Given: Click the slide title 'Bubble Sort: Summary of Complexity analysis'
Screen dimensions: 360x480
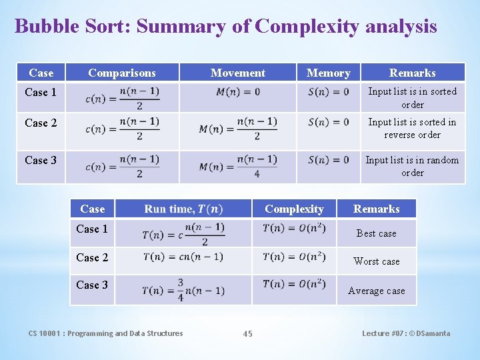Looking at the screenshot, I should click(225, 26).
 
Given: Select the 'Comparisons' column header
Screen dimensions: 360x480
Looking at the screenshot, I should click(122, 73).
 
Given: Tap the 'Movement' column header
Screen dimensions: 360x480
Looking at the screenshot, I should click(237, 73).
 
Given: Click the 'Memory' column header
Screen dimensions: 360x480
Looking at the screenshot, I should click(328, 73).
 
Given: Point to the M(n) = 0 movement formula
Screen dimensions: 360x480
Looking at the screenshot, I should click(238, 92).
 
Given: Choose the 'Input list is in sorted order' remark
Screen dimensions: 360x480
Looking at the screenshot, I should click(413, 97).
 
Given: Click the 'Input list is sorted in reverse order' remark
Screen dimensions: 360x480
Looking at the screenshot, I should click(413, 128).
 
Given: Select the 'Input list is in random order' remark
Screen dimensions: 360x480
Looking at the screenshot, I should click(413, 166).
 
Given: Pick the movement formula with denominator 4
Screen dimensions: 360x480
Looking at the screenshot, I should click(238, 166).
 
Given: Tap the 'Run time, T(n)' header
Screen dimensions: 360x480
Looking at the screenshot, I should click(183, 209).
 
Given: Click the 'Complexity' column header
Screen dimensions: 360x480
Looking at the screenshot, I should click(294, 209).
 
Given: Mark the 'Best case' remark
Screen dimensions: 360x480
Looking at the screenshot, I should click(376, 233).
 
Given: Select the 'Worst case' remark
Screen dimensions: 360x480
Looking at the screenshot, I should click(376, 261).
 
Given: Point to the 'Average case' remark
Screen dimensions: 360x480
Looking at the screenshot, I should click(376, 291).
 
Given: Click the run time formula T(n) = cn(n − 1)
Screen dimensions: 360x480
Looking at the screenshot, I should click(183, 257).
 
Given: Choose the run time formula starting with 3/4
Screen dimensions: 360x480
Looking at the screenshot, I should click(183, 290).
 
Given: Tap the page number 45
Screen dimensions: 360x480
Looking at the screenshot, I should click(248, 334).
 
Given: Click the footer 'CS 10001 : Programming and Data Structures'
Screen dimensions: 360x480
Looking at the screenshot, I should click(105, 333).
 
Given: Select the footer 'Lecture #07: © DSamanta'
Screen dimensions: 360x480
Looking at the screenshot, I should click(406, 333).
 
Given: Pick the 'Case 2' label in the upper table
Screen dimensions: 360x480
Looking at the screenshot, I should click(41, 123).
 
